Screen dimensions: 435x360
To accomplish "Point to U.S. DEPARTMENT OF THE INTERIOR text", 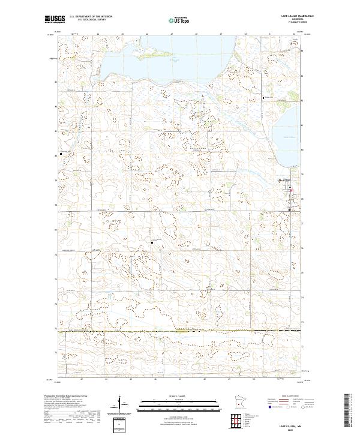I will [91, 16].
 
